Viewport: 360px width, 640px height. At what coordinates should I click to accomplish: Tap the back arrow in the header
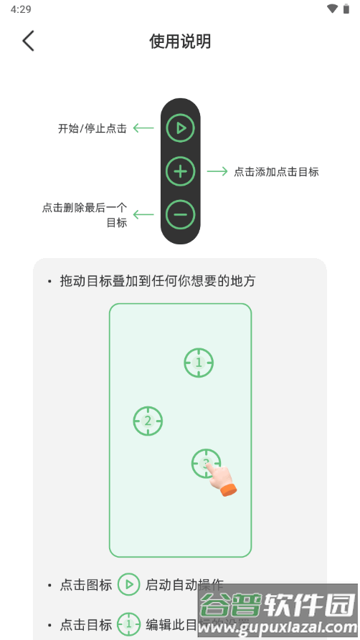click(28, 41)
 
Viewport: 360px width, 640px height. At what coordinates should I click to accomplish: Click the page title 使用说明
click(180, 42)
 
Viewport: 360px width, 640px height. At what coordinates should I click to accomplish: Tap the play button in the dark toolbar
click(181, 128)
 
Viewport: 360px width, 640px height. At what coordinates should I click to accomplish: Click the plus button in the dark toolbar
click(181, 171)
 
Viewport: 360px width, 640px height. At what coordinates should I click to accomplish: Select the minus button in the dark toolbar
click(181, 214)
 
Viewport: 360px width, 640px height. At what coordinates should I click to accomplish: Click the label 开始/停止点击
click(93, 129)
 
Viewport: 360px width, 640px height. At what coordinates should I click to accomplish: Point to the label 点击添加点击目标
click(276, 172)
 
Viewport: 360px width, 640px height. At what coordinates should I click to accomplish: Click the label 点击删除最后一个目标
click(85, 215)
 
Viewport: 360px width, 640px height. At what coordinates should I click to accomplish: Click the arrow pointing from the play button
click(143, 129)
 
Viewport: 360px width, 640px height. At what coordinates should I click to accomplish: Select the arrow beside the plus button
click(217, 172)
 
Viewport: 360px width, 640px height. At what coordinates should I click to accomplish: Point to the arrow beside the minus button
click(143, 214)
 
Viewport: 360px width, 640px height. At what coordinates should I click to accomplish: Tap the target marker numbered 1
click(199, 363)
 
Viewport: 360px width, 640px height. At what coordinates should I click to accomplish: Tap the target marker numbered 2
click(148, 421)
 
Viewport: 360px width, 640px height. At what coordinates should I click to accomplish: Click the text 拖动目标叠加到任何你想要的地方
click(158, 282)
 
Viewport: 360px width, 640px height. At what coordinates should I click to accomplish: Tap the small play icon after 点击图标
click(129, 585)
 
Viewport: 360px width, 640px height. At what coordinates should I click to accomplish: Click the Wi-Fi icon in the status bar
click(332, 9)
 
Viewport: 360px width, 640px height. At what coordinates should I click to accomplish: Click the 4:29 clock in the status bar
click(21, 9)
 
